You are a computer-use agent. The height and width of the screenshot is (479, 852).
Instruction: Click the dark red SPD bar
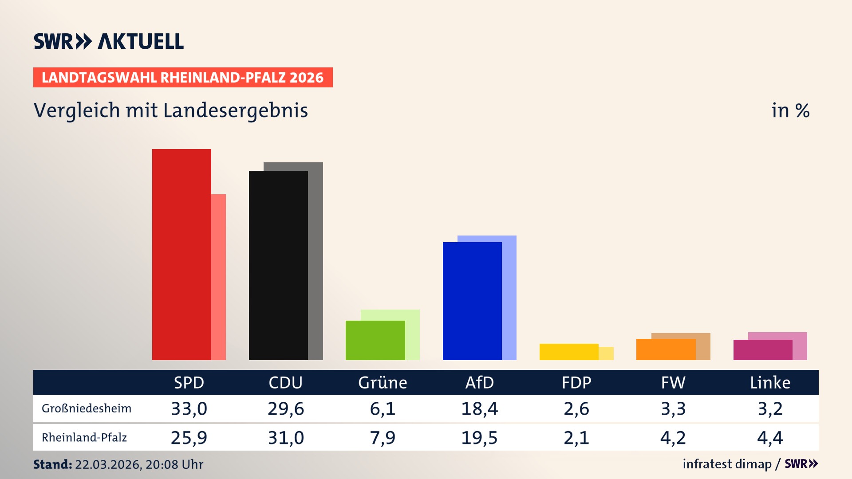point(181,254)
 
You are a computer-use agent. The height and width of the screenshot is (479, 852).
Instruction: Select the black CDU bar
point(278,265)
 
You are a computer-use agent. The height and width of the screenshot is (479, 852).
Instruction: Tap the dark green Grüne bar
point(375,340)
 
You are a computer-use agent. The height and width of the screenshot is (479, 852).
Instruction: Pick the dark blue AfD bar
point(472,301)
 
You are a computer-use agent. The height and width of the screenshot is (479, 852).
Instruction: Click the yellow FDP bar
point(569,352)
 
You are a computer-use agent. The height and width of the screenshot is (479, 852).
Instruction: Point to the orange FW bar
point(666,349)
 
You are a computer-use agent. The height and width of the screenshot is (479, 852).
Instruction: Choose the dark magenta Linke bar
point(762,350)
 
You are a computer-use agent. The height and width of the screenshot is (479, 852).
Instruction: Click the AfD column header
point(479,382)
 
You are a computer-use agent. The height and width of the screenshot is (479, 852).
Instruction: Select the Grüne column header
point(383,382)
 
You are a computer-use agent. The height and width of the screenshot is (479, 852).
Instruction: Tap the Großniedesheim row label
point(87,408)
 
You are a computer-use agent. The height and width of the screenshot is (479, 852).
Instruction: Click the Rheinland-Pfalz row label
point(84,438)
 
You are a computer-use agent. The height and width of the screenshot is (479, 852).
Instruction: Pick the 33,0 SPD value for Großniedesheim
point(189,408)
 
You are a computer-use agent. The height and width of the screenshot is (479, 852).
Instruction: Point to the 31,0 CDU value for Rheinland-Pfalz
point(286,438)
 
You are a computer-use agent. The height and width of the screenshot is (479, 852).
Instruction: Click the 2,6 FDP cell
point(576,408)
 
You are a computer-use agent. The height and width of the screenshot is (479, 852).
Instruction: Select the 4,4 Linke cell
point(770,438)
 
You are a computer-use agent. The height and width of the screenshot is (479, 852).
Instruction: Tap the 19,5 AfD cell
point(479,438)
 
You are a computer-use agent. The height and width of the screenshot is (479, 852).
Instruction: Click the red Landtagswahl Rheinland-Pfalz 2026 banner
point(183,78)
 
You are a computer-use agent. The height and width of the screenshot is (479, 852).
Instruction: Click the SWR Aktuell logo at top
point(109,41)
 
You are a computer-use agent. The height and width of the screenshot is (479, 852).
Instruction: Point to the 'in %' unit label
point(790,110)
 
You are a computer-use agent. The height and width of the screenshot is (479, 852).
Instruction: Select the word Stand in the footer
point(52,464)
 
